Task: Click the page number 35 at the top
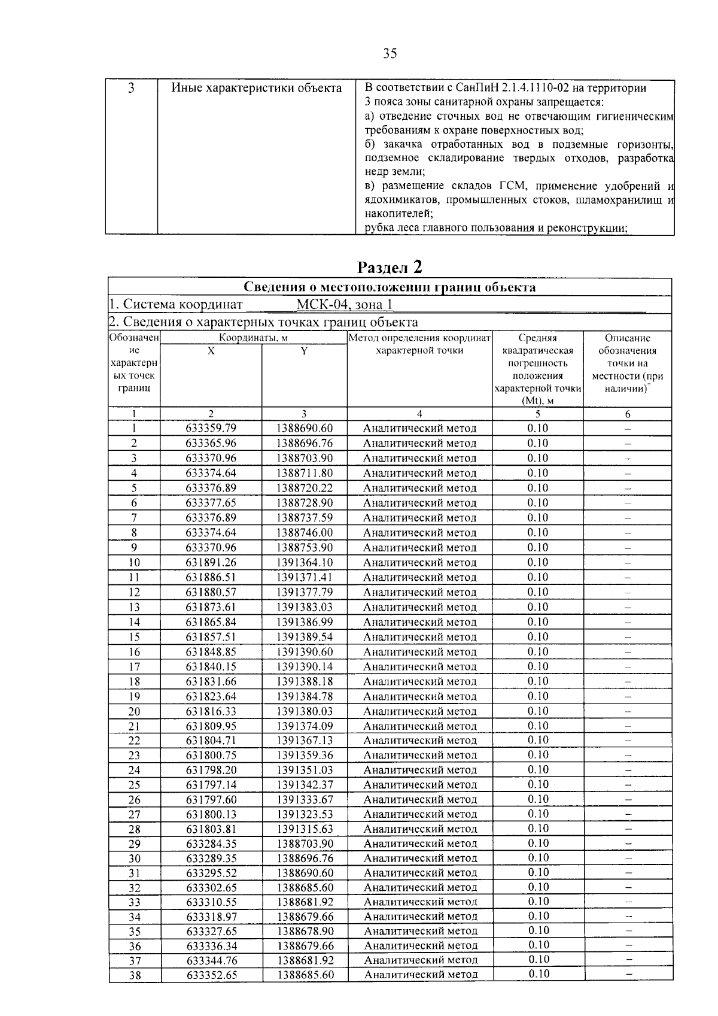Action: [390, 54]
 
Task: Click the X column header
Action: [211, 351]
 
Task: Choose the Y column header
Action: [304, 351]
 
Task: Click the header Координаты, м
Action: [254, 338]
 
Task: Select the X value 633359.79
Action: [211, 429]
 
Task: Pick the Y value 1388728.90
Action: [304, 503]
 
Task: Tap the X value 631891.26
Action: [211, 563]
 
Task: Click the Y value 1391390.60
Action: [304, 652]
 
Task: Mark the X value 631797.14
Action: [211, 785]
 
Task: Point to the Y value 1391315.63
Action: [304, 829]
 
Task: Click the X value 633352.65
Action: [211, 975]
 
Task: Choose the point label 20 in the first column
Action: [134, 711]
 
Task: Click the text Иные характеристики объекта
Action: [257, 89]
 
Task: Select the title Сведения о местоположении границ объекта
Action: [390, 287]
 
